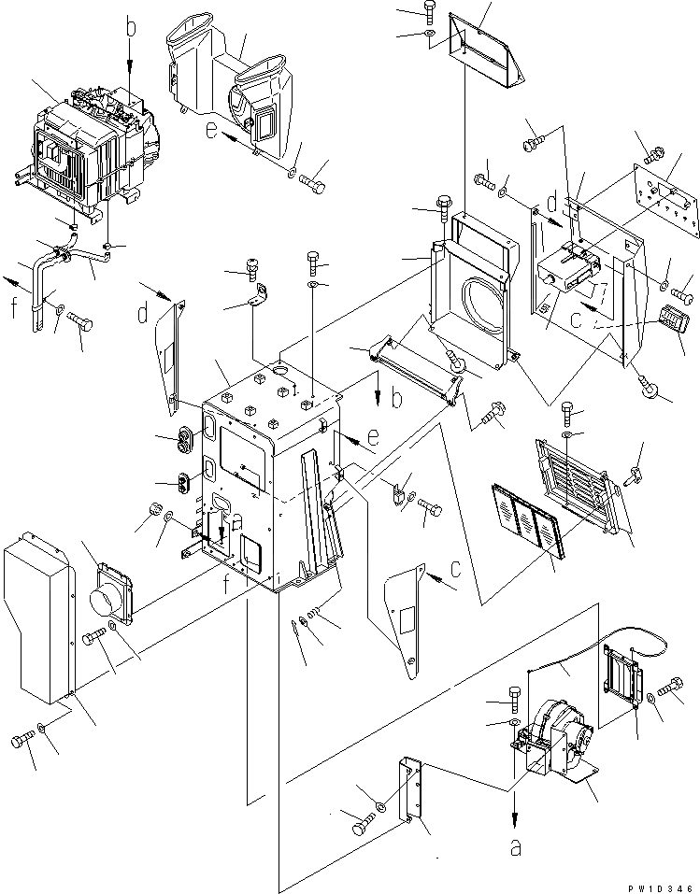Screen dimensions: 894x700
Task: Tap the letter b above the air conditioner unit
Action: pyautogui.click(x=130, y=28)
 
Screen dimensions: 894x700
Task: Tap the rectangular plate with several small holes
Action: pyautogui.click(x=664, y=199)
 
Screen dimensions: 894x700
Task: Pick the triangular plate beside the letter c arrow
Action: pyautogui.click(x=406, y=611)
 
